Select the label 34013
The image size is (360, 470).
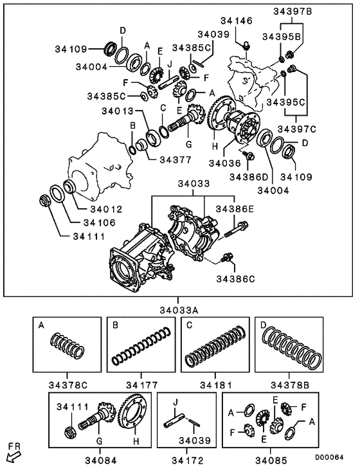[118, 111]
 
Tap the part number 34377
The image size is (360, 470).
[176, 159]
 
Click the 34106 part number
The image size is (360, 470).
[97, 222]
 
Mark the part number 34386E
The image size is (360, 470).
[235, 209]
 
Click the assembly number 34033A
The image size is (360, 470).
[179, 309]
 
